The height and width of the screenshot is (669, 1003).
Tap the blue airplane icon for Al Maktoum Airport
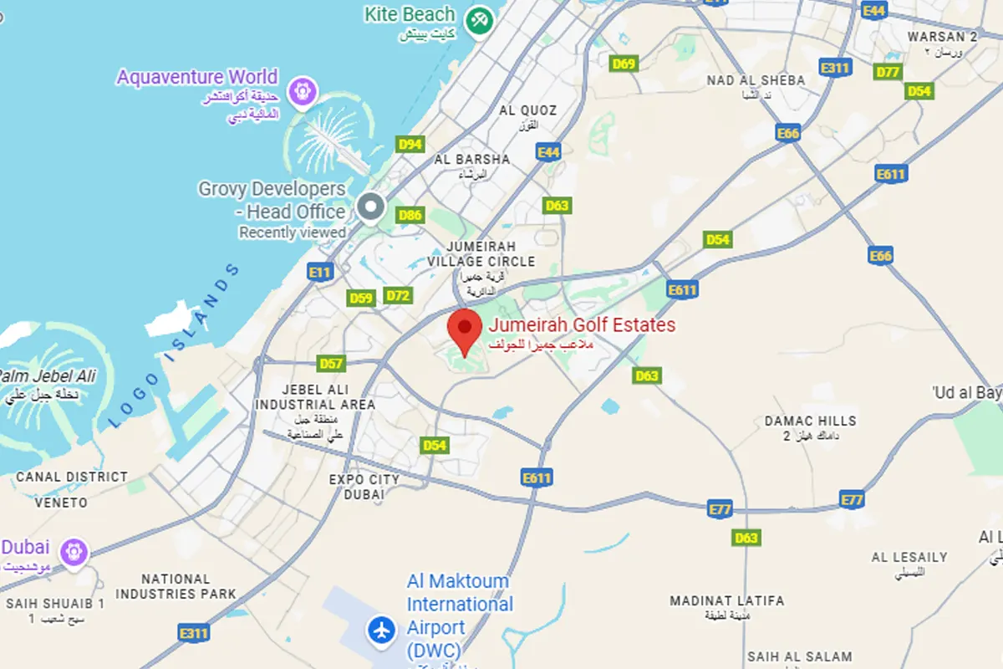coord(383,629)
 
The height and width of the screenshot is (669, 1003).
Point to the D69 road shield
coord(624,64)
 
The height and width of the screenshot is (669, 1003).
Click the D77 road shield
coord(888,72)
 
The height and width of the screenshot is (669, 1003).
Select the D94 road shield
coord(410,145)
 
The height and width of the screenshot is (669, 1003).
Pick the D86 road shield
coord(410,216)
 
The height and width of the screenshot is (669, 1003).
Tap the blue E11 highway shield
coord(320,272)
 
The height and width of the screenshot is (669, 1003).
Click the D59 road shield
coord(361,299)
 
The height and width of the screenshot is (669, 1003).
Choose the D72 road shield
coord(399,295)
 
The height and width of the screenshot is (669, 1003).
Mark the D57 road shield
coord(332,364)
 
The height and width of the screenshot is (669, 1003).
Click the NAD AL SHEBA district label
coord(756,80)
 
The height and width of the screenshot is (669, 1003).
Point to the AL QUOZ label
coord(527,110)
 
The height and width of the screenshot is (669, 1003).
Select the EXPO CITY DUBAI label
coord(364,487)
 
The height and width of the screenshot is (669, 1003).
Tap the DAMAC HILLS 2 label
coord(810,427)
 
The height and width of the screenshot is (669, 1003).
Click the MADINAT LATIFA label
coord(727,600)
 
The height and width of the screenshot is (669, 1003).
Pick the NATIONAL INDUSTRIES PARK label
coord(176,586)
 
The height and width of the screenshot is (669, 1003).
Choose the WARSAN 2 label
coord(943,37)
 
